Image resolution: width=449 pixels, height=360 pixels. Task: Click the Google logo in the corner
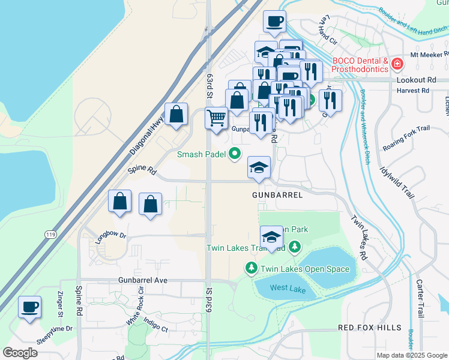[x=20, y=352]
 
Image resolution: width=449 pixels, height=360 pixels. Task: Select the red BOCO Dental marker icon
[x=397, y=63]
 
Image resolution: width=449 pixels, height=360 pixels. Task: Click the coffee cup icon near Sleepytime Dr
[x=29, y=307]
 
